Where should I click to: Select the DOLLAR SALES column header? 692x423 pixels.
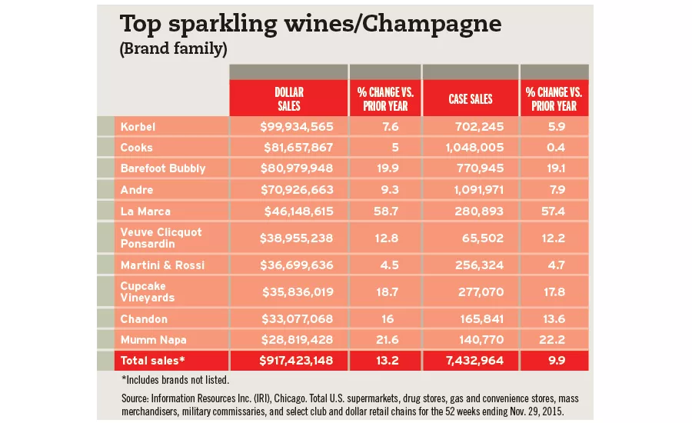288,99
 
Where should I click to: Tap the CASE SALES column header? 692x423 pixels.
470,99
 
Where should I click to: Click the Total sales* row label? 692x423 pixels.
151,360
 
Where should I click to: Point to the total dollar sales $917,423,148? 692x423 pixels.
286,360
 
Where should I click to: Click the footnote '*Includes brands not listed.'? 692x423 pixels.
176,379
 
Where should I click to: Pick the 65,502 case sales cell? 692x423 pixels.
485,237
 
